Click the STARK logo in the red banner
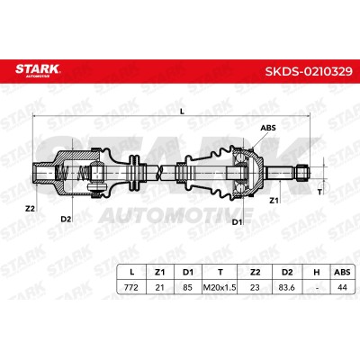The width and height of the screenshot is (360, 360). pyautogui.click(x=38, y=70)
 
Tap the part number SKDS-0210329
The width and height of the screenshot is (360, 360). pyautogui.click(x=309, y=71)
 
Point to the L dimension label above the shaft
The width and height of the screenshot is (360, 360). pyautogui.click(x=182, y=112)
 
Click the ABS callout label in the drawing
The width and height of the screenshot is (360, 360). pyautogui.click(x=268, y=128)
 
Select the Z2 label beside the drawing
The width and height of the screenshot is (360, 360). pyautogui.click(x=30, y=209)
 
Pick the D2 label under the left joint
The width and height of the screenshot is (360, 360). pyautogui.click(x=66, y=219)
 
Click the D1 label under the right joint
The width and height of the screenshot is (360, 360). pyautogui.click(x=238, y=222)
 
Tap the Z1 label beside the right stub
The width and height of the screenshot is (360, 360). pyautogui.click(x=274, y=201)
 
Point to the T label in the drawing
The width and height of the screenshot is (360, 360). pyautogui.click(x=319, y=193)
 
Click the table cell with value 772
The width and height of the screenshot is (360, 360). pyautogui.click(x=131, y=287)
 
